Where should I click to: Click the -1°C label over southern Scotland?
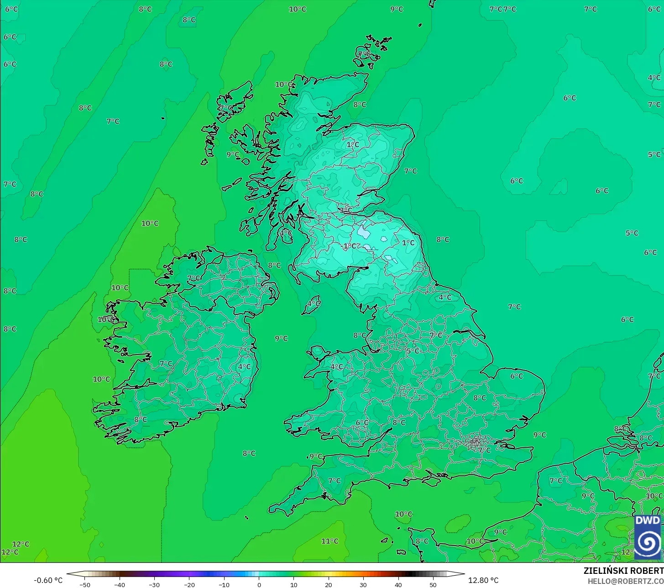349,246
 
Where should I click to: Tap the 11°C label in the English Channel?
329,541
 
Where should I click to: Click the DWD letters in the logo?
648,521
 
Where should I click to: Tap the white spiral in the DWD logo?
648,543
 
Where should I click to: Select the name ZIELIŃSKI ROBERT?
623,571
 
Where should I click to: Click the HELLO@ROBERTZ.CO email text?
625,581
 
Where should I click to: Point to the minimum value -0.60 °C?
48,580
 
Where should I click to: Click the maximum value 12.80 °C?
483,580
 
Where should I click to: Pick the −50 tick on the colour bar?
84,584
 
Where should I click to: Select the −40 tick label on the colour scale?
120,584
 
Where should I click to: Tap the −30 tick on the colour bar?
154,584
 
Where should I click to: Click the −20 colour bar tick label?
189,584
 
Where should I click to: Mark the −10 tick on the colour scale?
224,584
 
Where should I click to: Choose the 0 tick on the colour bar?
259,584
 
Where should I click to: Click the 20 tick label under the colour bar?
329,584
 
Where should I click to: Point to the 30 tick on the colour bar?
363,584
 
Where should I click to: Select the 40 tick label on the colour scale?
398,584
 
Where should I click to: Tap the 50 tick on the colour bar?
433,584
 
